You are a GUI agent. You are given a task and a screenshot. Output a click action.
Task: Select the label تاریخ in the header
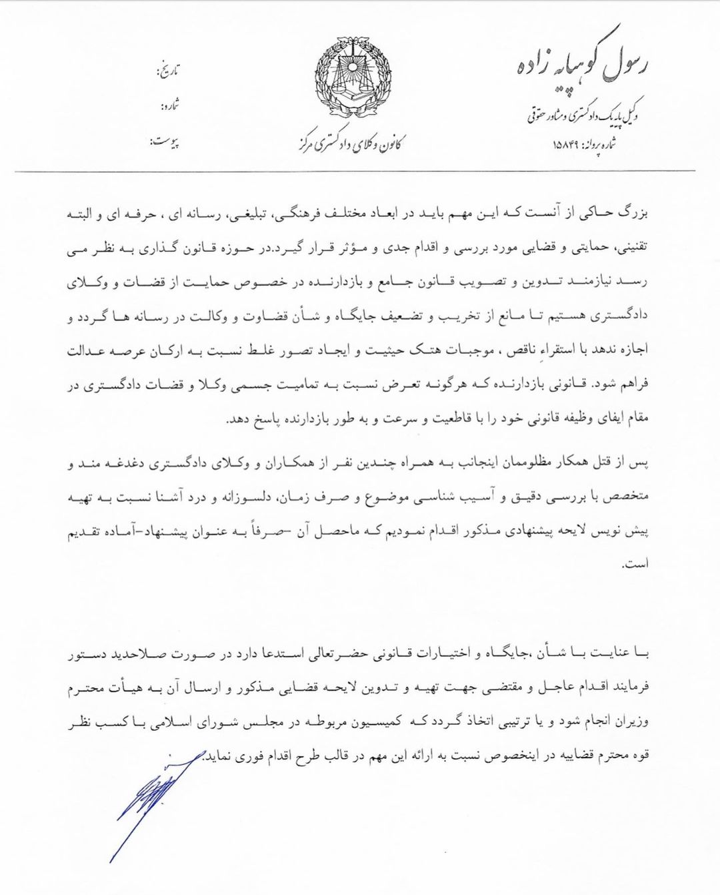tap(167, 70)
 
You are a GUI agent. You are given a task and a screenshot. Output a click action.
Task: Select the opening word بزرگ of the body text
tap(634, 216)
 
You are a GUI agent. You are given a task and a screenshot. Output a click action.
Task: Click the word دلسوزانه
tap(263, 498)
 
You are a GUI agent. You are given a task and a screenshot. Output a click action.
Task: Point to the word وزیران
tap(632, 722)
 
